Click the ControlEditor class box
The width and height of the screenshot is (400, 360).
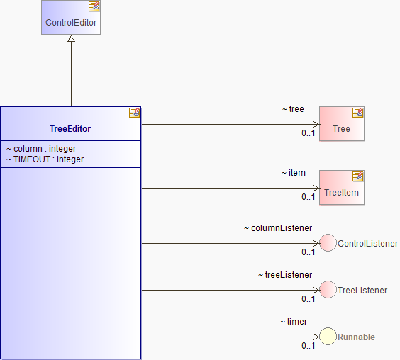[x=71, y=17]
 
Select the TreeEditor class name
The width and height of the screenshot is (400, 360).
[x=70, y=129]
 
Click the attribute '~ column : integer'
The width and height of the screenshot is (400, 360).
[x=41, y=149]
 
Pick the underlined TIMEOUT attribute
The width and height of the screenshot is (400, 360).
[x=46, y=159]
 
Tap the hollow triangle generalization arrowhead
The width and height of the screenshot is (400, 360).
[x=71, y=38]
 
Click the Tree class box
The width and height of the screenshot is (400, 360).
[x=342, y=123]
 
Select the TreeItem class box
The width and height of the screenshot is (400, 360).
[x=342, y=187]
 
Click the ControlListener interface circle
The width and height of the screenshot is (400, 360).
[x=328, y=243]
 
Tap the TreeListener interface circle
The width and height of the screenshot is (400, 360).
[x=328, y=289]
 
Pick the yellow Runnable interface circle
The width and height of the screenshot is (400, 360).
[x=328, y=337]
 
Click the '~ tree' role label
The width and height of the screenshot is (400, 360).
[x=293, y=109]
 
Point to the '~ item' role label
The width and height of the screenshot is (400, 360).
[x=294, y=173]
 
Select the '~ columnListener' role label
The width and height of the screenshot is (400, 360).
[x=278, y=228]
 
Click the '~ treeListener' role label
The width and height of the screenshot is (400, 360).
[x=285, y=275]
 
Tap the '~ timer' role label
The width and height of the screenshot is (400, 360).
[x=294, y=322]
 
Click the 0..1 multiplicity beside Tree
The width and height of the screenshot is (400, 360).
[x=309, y=133]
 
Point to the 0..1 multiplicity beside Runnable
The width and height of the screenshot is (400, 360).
[x=309, y=346]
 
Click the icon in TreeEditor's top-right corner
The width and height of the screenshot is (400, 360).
[x=135, y=113]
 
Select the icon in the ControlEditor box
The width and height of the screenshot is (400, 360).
[x=94, y=6]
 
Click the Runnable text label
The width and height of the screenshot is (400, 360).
[x=356, y=337]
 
